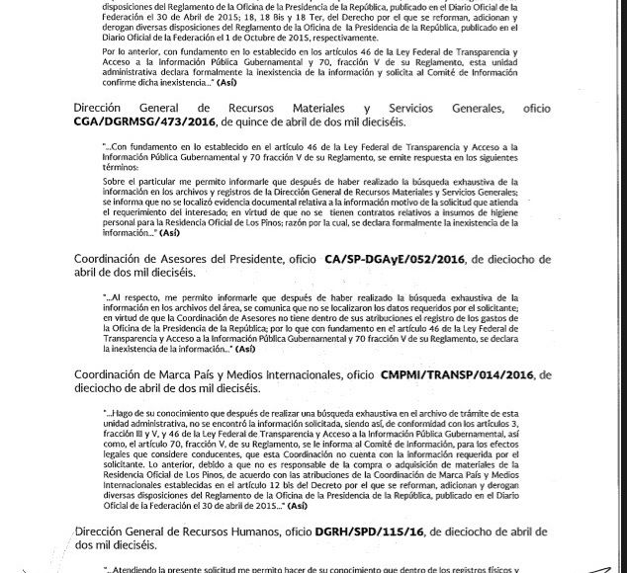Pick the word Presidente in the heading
252,260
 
